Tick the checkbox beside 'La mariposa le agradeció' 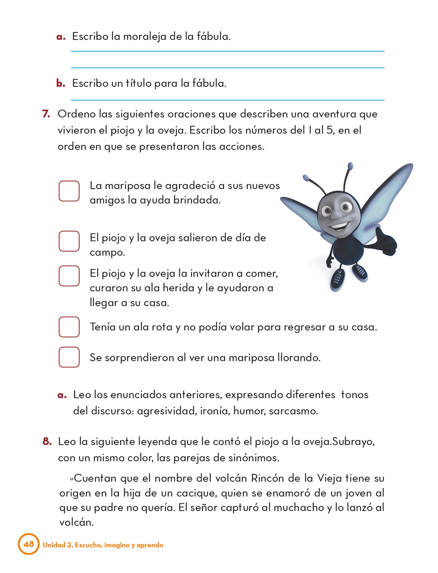pyautogui.click(x=69, y=191)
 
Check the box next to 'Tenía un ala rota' pyautogui.click(x=69, y=327)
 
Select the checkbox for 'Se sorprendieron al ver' pyautogui.click(x=69, y=357)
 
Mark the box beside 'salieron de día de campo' pyautogui.click(x=69, y=241)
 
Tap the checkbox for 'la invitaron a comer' pyautogui.click(x=69, y=276)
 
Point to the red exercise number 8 pyautogui.click(x=47, y=442)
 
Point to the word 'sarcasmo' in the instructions pyautogui.click(x=293, y=411)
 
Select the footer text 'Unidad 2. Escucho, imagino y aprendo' pyautogui.click(x=103, y=545)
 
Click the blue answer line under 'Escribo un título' pyautogui.click(x=227, y=100)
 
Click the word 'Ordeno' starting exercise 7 pyautogui.click(x=76, y=114)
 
